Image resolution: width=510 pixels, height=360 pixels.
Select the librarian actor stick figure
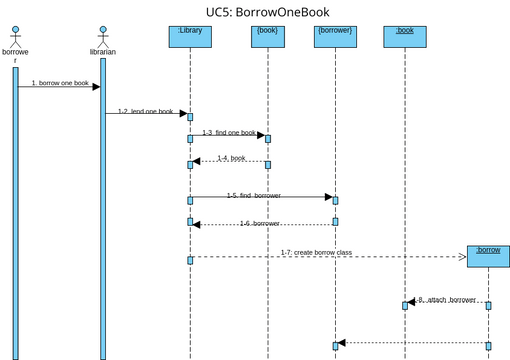coord(102,37)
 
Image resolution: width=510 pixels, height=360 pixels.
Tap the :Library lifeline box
coord(190,36)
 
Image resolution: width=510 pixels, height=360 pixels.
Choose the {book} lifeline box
coord(268,36)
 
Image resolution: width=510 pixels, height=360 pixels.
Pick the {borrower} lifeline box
coord(335,36)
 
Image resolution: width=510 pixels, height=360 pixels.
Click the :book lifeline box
coord(405,36)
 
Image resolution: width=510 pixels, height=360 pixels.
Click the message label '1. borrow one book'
coord(59,82)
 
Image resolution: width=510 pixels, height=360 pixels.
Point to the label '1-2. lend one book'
coord(145,112)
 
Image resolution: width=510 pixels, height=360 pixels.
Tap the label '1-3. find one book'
coord(229,132)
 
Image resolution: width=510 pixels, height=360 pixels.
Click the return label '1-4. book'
coord(231,158)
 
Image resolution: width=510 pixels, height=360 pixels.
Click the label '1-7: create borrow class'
coord(316,252)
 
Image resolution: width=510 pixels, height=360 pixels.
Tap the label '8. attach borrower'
coord(447,299)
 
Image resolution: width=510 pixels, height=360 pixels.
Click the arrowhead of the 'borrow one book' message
coord(96,87)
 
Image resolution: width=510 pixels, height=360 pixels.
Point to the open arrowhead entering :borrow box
coord(462,257)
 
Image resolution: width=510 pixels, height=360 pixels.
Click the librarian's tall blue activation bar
coord(102,220)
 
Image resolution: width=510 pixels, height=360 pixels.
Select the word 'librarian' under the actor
coord(102,52)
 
